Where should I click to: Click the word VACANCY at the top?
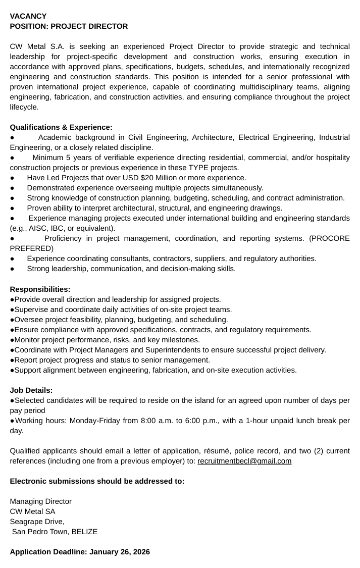pos(28,16)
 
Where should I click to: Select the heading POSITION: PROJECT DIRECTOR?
pos(69,26)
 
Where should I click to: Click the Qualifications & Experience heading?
pos(61,127)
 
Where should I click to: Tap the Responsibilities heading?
pos(40,289)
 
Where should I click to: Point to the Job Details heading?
pos(31,390)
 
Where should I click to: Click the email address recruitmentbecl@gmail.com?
pos(244,461)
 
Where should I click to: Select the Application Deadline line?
pos(80,552)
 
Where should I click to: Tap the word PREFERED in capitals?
pos(31,248)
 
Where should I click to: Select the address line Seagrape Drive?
pos(37,522)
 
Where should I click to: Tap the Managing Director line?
pos(40,501)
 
